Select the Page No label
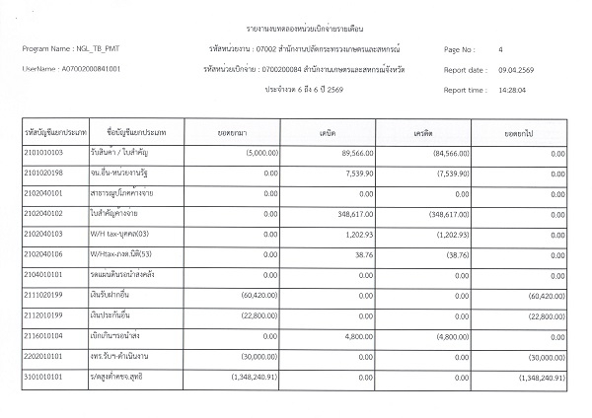click(x=460, y=48)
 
